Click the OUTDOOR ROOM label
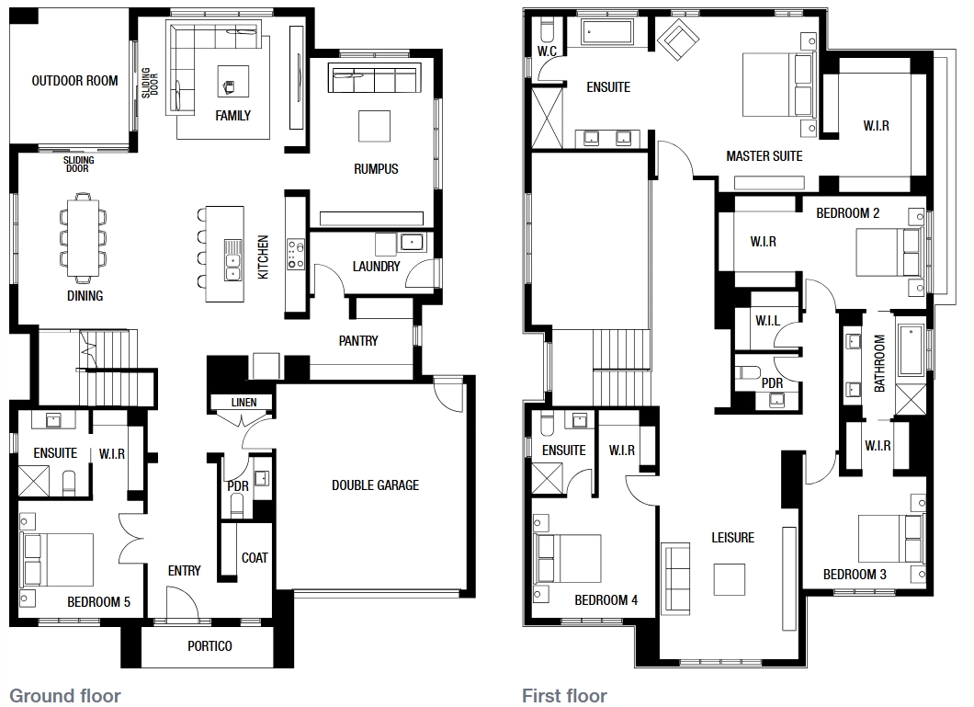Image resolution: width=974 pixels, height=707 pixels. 74,81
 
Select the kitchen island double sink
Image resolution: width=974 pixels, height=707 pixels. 233,260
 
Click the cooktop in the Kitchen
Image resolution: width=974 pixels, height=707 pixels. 296,254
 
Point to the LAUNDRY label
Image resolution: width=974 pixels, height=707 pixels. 376,267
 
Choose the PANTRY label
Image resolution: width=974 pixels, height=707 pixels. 358,340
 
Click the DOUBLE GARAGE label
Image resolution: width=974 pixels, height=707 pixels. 375,485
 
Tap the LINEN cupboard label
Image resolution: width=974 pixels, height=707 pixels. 243,403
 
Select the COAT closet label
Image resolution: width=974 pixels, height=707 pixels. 255,558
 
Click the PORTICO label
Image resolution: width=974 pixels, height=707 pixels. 210,646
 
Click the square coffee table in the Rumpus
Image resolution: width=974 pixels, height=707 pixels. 375,126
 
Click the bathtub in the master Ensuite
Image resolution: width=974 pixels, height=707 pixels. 606,31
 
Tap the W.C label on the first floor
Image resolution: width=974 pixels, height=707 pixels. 548,51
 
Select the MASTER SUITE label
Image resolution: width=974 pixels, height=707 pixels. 764,156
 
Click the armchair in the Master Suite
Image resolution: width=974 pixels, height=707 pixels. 678,40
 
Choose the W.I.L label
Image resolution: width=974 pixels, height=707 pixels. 768,321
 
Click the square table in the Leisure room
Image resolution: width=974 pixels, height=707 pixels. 730,579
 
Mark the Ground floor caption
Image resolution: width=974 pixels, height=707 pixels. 65,696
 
